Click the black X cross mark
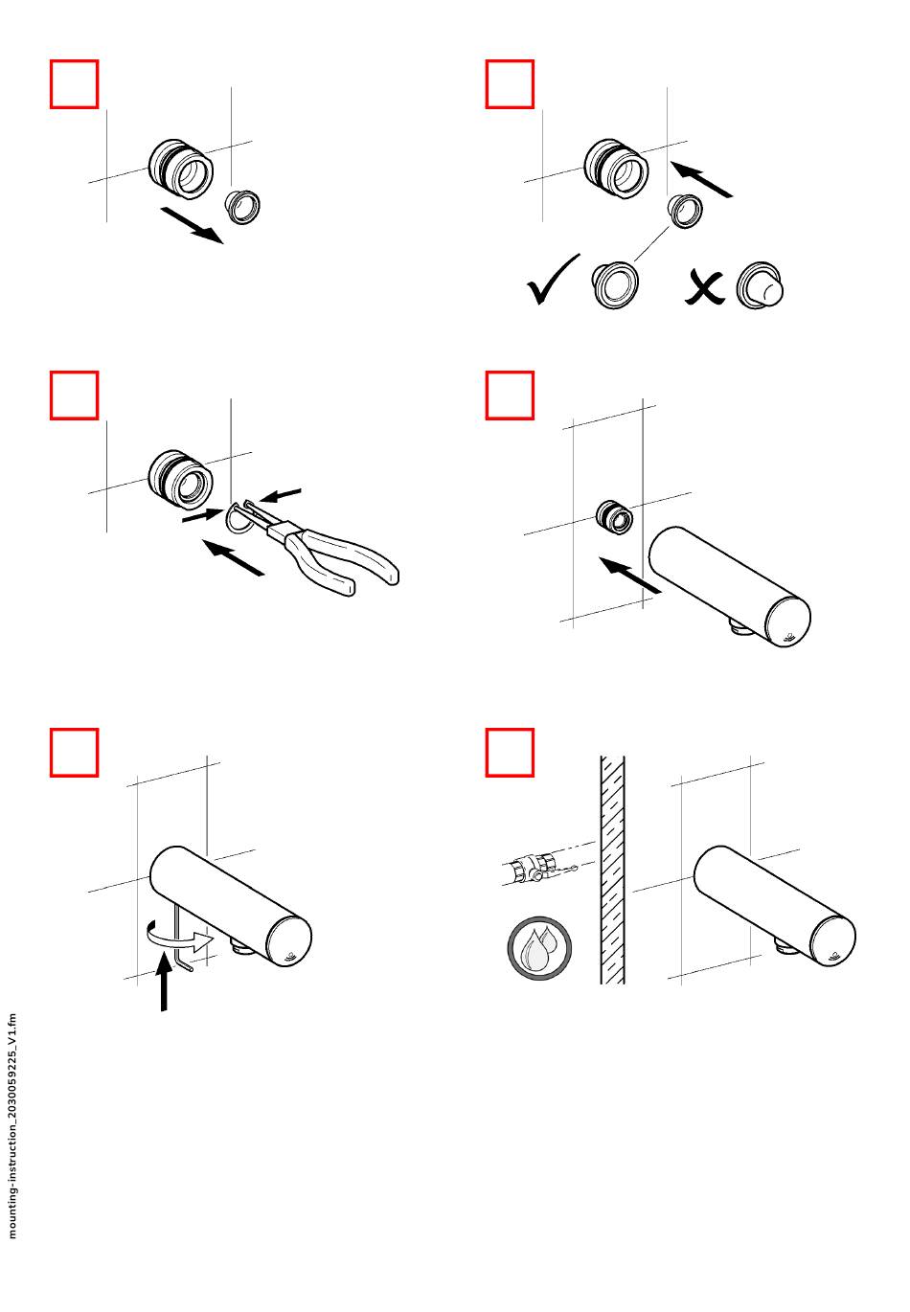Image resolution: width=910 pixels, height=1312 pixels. (x=704, y=287)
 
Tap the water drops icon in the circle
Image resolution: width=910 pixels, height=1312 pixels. (x=539, y=949)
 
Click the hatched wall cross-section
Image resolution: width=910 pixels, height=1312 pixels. (x=612, y=870)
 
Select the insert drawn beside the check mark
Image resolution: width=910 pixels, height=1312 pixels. (x=615, y=284)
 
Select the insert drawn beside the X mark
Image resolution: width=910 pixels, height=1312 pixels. (x=760, y=285)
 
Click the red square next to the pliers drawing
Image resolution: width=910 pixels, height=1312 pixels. (x=75, y=396)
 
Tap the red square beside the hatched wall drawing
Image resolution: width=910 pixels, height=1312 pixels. (x=510, y=753)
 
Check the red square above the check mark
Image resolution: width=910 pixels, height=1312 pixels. (x=510, y=84)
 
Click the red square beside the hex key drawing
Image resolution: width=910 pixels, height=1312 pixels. (x=75, y=753)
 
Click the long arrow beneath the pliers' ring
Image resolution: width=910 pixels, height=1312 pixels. (x=233, y=557)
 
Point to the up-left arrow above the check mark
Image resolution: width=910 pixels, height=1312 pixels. (x=701, y=179)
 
